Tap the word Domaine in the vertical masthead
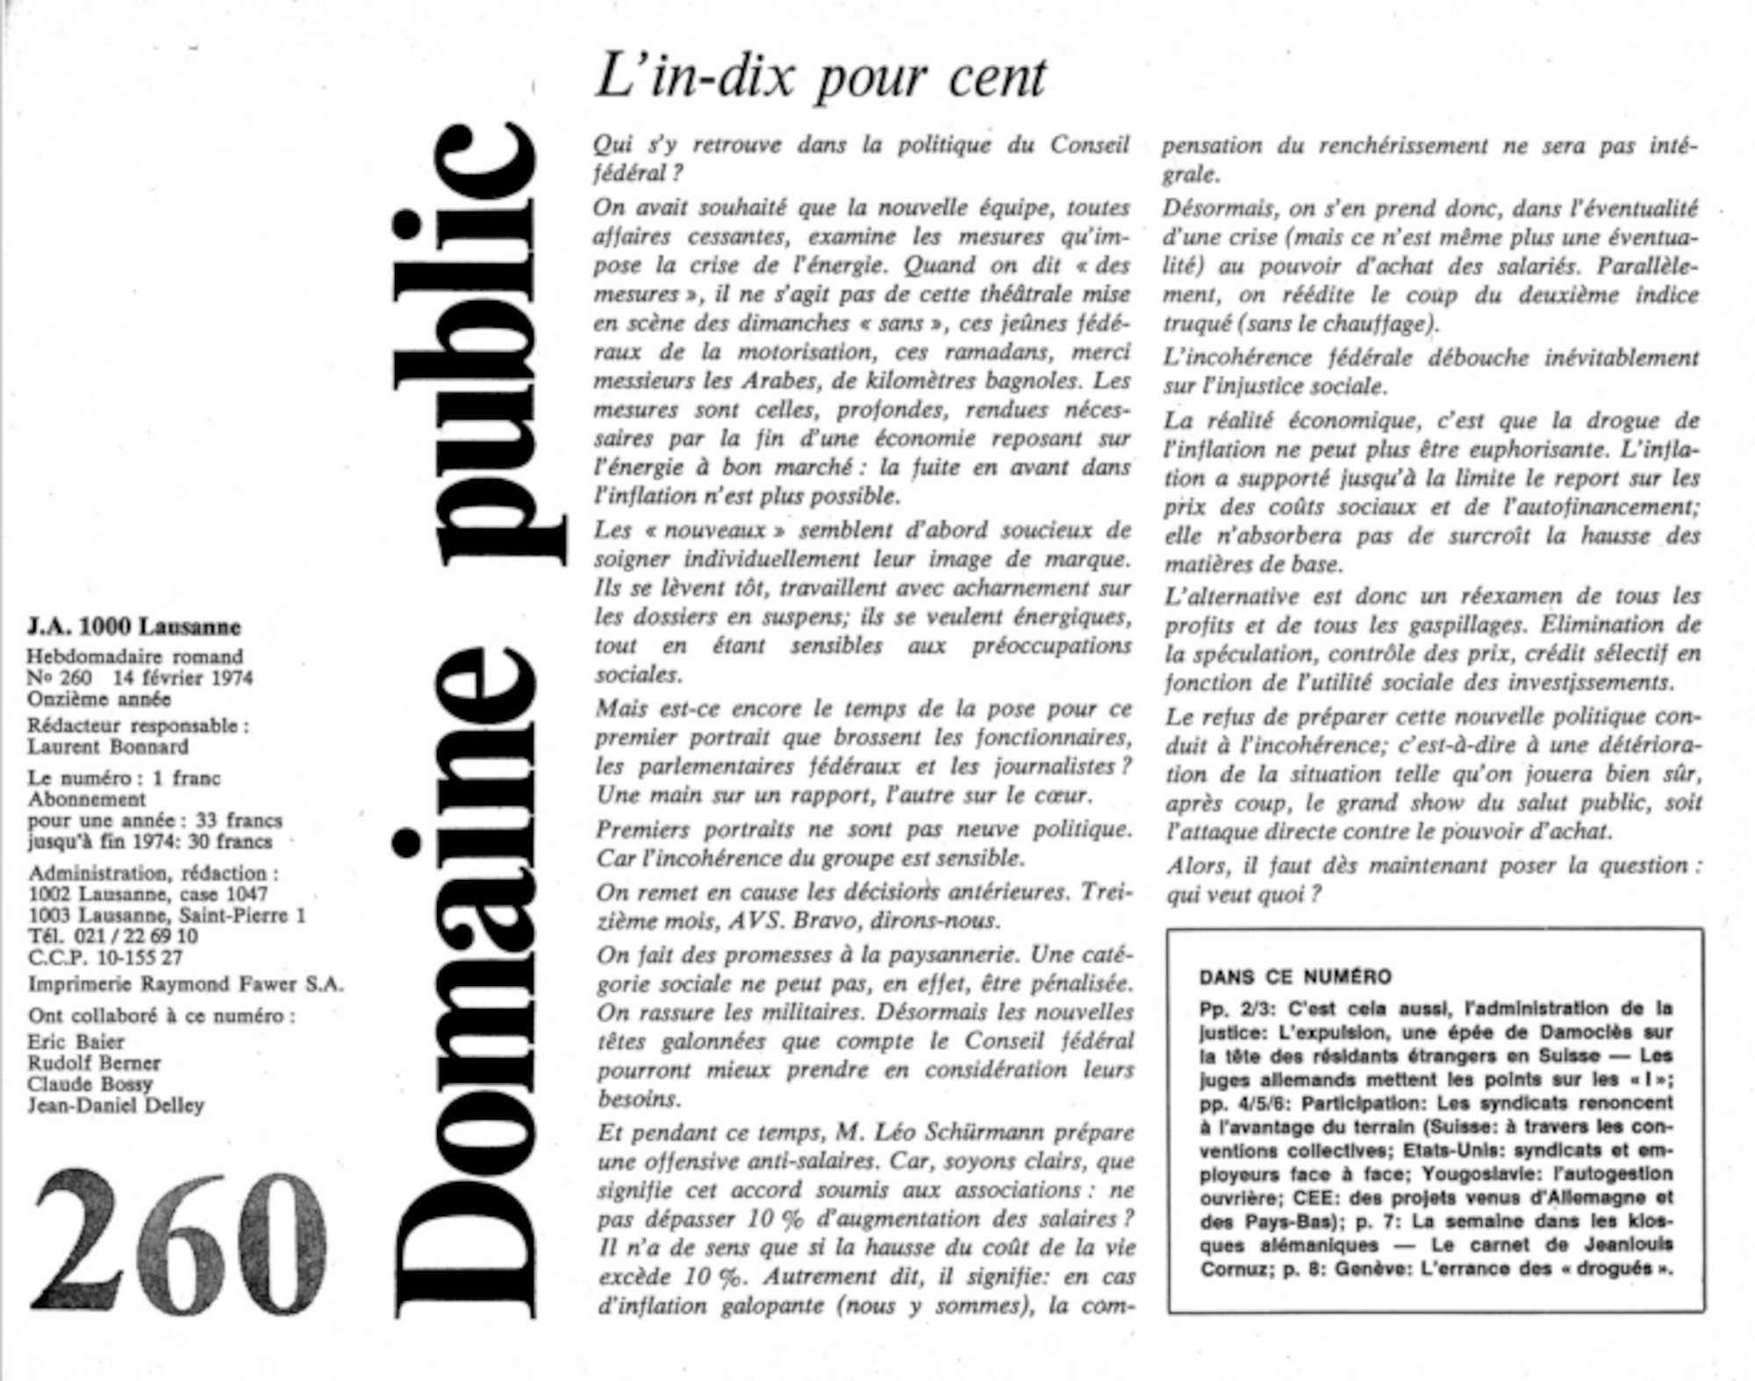point(465,983)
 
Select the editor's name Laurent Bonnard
point(108,748)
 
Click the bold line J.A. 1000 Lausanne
point(133,627)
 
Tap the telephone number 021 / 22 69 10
point(136,936)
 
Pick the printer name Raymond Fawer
point(220,984)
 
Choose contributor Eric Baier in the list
point(75,1042)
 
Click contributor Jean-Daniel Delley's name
point(116,1106)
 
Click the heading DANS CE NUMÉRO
point(1295,977)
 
